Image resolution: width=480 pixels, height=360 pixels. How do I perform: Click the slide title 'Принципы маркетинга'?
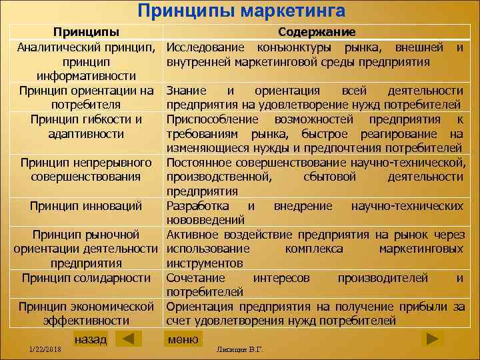(241, 11)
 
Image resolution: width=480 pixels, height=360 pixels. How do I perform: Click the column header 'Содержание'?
(316, 32)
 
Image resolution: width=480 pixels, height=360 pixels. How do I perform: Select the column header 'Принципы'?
(87, 32)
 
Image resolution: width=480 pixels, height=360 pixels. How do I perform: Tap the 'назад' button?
(90, 339)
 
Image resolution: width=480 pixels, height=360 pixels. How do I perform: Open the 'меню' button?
(183, 339)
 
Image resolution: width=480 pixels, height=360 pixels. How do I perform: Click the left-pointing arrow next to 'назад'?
(129, 339)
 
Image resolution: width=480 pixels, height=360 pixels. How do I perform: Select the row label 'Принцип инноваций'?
(86, 206)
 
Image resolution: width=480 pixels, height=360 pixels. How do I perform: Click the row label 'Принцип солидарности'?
(87, 277)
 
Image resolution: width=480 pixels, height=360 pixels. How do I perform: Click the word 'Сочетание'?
(195, 277)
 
